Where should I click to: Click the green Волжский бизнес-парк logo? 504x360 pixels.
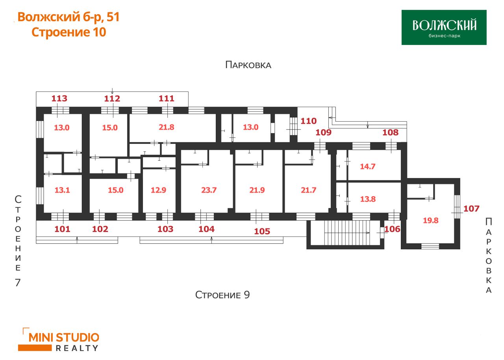pyautogui.click(x=444, y=27)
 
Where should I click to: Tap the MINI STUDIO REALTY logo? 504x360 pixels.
pyautogui.click(x=59, y=340)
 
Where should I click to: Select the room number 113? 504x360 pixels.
pyautogui.click(x=59, y=98)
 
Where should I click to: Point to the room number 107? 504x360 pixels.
pyautogui.click(x=471, y=209)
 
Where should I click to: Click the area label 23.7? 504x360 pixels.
pyautogui.click(x=209, y=190)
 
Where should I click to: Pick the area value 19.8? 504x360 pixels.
pyautogui.click(x=431, y=220)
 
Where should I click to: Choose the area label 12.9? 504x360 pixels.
pyautogui.click(x=158, y=190)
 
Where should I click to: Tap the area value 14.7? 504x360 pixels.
pyautogui.click(x=368, y=167)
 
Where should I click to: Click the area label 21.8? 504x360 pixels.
pyautogui.click(x=167, y=127)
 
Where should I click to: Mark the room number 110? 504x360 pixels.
pyautogui.click(x=309, y=121)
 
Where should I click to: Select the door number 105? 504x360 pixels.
pyautogui.click(x=262, y=231)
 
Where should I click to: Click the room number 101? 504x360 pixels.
pyautogui.click(x=62, y=229)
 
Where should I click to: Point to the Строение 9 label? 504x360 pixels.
pyautogui.click(x=222, y=295)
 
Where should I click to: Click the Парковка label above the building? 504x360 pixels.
pyautogui.click(x=248, y=65)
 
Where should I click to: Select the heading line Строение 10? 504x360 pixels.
pyautogui.click(x=69, y=32)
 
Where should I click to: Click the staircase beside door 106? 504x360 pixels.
pyautogui.click(x=347, y=233)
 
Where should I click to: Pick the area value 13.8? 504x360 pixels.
pyautogui.click(x=368, y=199)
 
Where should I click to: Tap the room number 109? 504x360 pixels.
pyautogui.click(x=324, y=132)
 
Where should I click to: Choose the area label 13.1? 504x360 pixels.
pyautogui.click(x=62, y=190)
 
